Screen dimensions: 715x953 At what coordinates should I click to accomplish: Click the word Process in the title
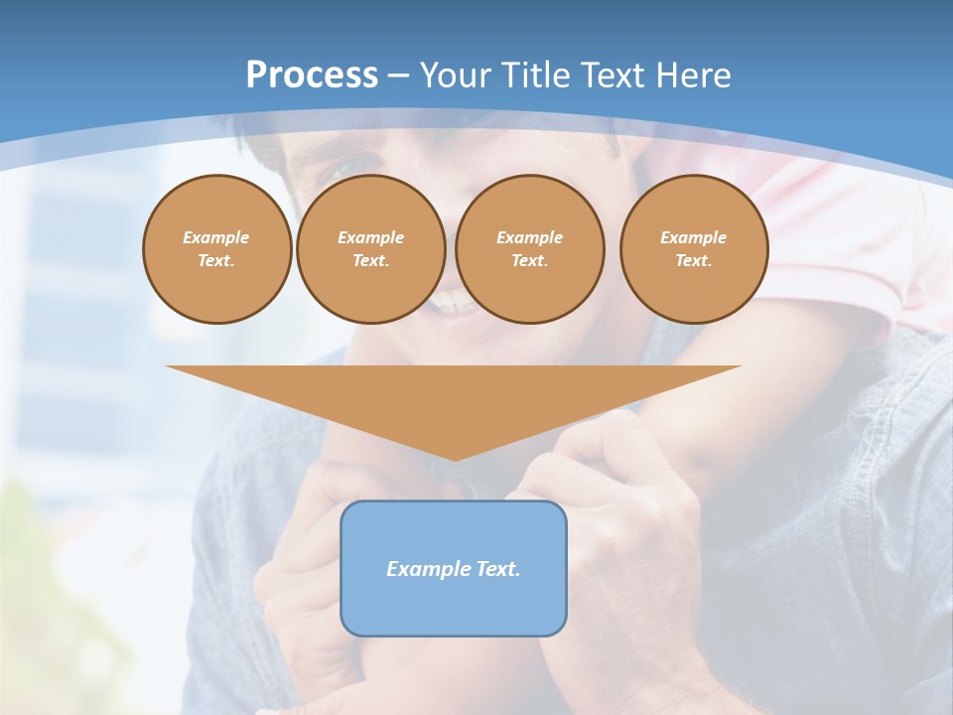[x=312, y=75]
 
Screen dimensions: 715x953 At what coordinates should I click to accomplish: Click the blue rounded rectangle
[x=454, y=606]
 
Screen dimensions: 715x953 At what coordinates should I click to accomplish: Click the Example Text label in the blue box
[x=454, y=569]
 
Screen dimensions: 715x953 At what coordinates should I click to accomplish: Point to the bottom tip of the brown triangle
[x=454, y=459]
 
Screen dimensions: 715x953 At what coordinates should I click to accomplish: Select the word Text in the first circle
[x=216, y=261]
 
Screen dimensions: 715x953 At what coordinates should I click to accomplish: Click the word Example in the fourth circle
[x=694, y=237]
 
